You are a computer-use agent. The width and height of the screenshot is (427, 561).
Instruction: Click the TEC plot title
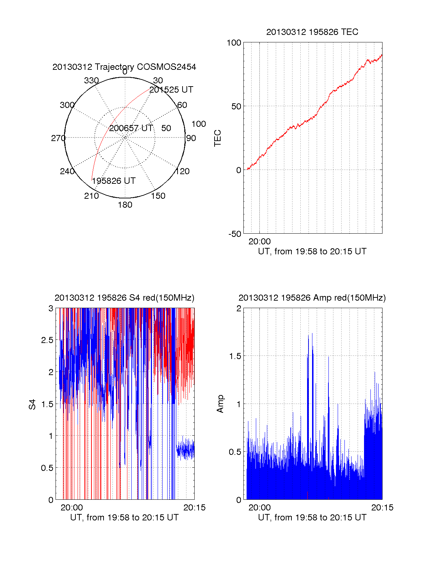[312, 32]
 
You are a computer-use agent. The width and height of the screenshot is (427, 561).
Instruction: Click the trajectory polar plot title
[124, 67]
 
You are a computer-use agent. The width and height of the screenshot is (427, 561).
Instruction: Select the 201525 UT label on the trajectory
[171, 90]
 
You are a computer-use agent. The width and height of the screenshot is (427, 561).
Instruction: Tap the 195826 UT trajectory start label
[114, 181]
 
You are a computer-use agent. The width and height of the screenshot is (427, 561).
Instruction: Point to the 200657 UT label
[131, 128]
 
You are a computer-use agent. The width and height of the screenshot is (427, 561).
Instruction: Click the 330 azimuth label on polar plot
[91, 80]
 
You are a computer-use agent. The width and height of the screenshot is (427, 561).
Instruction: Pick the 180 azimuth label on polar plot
[125, 205]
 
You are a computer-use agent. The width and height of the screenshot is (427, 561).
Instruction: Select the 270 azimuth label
[58, 138]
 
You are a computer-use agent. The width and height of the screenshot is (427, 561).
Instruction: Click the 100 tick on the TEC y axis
[234, 43]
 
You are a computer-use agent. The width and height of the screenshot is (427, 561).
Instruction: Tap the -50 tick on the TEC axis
[235, 234]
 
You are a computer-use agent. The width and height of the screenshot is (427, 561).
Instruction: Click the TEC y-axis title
[218, 138]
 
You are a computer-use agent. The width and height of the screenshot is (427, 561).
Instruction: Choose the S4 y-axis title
[32, 404]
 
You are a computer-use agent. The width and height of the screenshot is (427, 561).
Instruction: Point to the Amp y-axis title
[220, 404]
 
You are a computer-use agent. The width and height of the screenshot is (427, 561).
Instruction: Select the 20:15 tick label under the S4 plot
[194, 508]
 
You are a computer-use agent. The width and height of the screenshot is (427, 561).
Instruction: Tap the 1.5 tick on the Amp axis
[235, 356]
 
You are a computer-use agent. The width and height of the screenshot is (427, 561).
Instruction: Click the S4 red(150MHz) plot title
[124, 298]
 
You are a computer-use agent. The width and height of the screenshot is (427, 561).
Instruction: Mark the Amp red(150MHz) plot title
[312, 298]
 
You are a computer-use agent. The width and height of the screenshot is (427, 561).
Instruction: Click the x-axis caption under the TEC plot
[312, 251]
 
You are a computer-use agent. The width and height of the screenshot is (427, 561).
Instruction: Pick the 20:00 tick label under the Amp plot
[259, 508]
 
